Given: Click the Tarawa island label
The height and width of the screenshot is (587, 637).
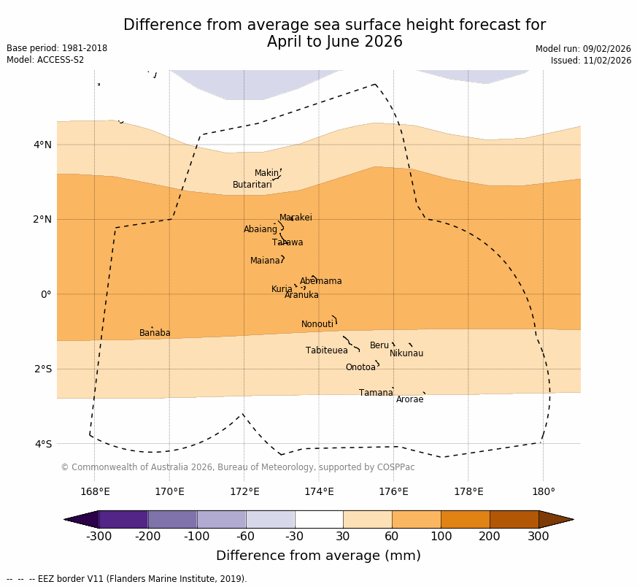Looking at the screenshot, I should [287, 242].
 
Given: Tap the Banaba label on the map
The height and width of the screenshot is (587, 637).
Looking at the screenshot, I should [155, 333].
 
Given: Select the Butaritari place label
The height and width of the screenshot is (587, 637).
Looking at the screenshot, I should [252, 185].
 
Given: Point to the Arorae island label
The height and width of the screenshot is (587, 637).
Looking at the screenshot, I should [409, 399].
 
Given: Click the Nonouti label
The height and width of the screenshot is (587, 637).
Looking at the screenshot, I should [317, 324].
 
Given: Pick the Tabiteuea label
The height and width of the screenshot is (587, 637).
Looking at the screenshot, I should [327, 350].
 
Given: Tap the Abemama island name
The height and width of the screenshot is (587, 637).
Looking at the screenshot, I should [321, 281].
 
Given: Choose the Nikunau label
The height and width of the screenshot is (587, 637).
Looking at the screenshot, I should [406, 353].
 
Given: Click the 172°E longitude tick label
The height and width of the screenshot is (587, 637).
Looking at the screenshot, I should [244, 491].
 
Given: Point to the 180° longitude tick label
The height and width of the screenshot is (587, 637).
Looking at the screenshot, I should [543, 491].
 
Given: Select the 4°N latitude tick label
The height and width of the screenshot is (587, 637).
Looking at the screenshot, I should [43, 145].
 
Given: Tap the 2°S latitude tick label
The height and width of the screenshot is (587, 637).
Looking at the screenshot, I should [43, 369].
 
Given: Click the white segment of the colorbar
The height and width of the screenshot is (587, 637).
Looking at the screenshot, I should [319, 519].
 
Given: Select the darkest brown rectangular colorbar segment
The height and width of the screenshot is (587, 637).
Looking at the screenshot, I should [514, 519].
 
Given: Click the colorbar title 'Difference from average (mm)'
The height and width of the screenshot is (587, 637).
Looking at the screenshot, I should [318, 556].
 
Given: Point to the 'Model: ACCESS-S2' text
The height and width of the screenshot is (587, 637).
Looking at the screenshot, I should [45, 60].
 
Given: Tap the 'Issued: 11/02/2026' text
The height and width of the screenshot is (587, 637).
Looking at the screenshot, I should [591, 61].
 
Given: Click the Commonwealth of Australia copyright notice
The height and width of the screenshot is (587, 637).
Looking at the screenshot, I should [237, 467].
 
